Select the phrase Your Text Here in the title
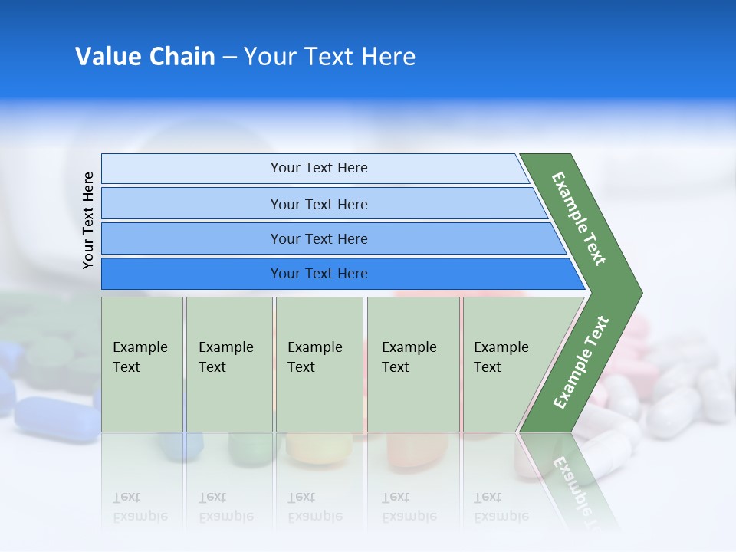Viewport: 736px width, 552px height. [330, 57]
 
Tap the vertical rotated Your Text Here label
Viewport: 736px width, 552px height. [88, 220]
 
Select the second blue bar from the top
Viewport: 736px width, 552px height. [318, 204]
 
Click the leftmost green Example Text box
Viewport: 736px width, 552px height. [142, 364]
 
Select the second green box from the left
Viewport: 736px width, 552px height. [229, 364]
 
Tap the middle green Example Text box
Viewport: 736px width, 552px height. [319, 364]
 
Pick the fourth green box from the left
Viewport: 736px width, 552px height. [413, 364]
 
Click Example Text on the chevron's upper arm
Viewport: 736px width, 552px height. [579, 219]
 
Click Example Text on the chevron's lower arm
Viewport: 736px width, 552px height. [581, 362]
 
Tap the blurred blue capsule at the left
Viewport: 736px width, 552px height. [54, 418]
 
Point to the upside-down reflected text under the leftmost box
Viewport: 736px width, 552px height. [140, 507]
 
